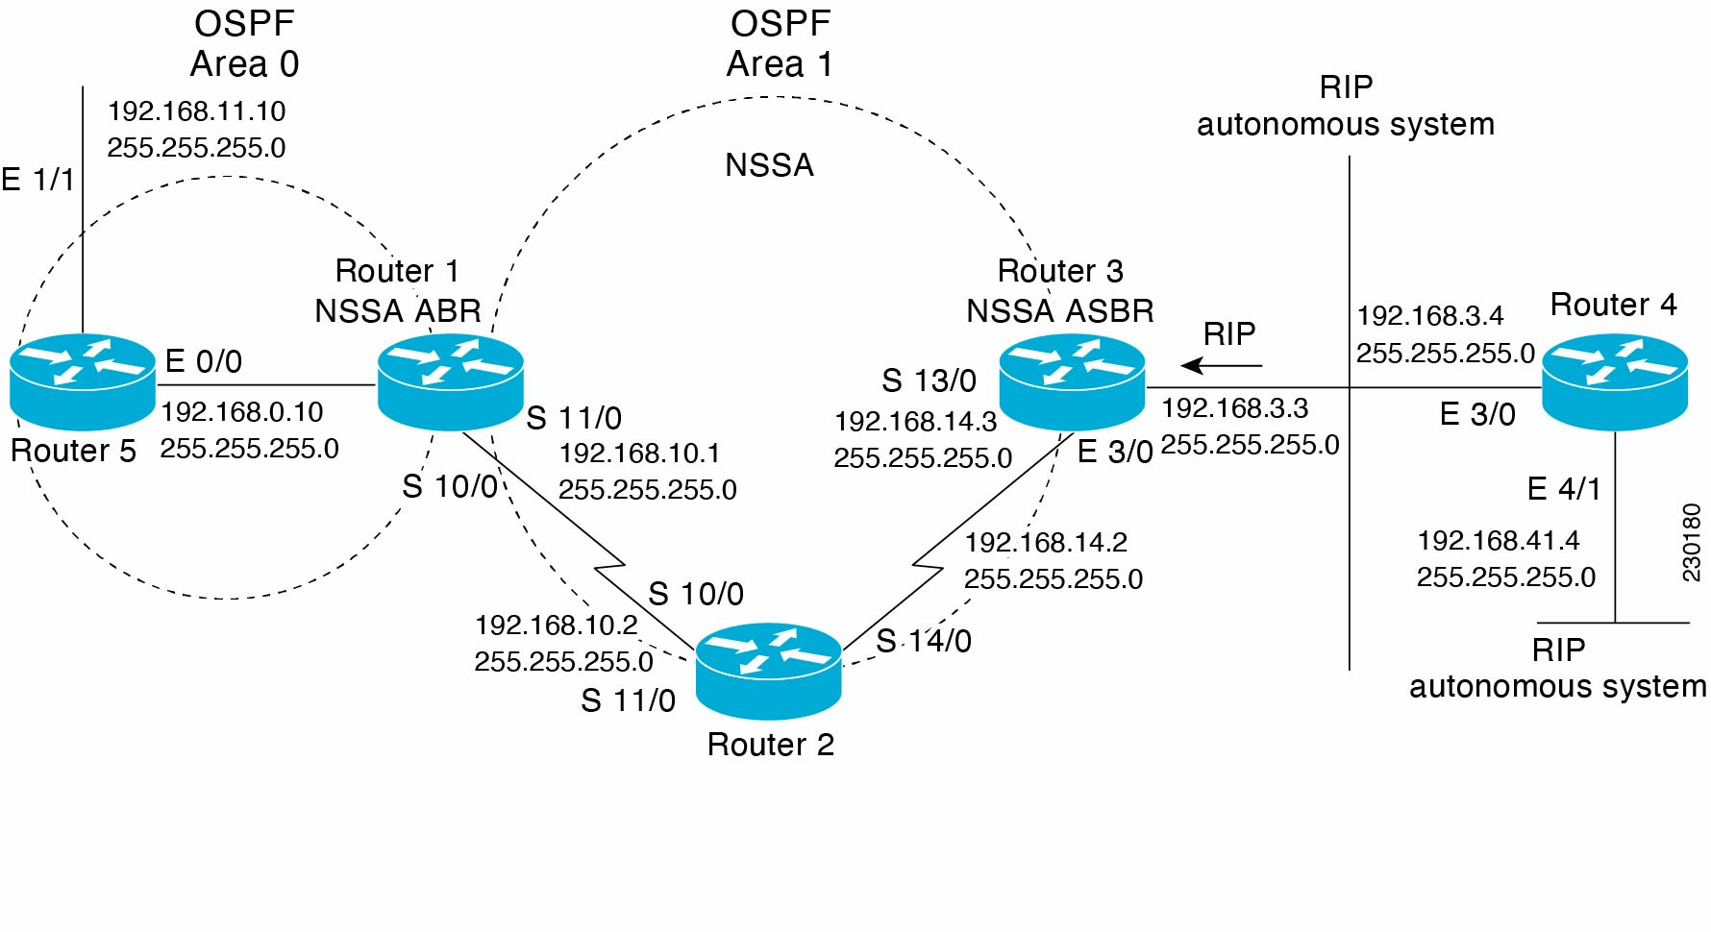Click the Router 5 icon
[x=83, y=380]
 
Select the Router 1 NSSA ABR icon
[x=450, y=380]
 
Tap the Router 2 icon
[x=768, y=670]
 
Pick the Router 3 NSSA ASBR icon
[x=1072, y=380]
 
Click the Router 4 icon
[x=1615, y=380]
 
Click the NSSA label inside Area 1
[x=769, y=165]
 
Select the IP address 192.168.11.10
[x=196, y=111]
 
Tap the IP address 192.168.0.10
[x=242, y=412]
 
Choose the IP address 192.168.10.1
[x=639, y=454]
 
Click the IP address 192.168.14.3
[x=916, y=422]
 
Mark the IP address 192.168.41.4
[x=1499, y=541]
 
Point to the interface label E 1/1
[x=37, y=180]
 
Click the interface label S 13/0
[x=929, y=381]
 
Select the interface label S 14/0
[x=924, y=641]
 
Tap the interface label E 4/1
[x=1564, y=489]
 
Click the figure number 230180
[x=1691, y=542]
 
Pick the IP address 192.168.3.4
[x=1430, y=316]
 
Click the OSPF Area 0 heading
[x=244, y=44]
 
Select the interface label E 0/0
[x=204, y=362]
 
